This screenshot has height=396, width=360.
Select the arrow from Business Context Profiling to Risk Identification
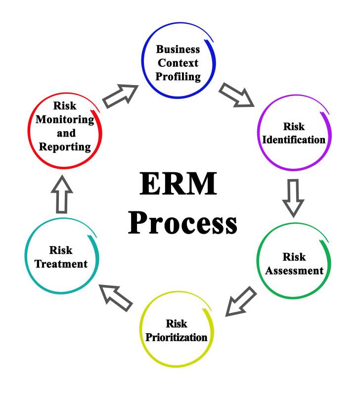tap(236, 95)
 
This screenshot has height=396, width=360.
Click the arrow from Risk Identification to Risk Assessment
tap(293, 197)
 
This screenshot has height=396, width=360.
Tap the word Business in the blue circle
tap(178, 49)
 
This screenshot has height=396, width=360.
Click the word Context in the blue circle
tap(178, 63)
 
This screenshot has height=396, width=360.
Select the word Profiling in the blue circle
tap(178, 77)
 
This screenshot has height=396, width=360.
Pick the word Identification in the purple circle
tap(294, 139)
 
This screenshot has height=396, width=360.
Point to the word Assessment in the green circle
tap(294, 271)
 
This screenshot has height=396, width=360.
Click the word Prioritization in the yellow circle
tap(177, 338)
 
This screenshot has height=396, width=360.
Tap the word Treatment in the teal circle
tap(61, 264)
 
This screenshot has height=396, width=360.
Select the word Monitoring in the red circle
tap(65, 119)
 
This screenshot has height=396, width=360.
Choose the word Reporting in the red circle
tap(65, 147)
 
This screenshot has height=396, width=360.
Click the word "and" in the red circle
tap(65, 133)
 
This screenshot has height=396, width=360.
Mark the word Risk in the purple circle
tap(294, 126)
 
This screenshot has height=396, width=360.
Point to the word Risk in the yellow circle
tap(177, 324)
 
